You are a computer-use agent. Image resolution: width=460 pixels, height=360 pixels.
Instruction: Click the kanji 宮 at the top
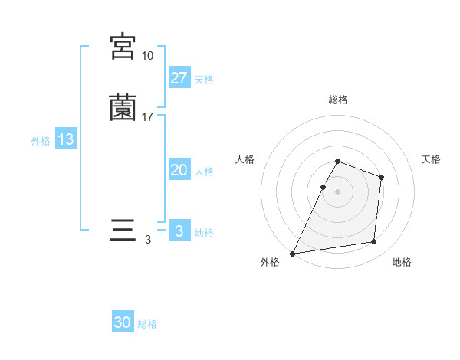(x=123, y=47)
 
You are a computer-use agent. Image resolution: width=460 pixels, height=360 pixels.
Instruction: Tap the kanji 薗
(x=123, y=108)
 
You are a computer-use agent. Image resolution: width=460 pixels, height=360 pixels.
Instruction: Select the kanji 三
(x=123, y=231)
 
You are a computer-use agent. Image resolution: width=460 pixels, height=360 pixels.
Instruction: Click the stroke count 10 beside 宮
(x=147, y=56)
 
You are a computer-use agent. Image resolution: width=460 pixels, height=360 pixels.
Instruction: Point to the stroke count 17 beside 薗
(x=147, y=117)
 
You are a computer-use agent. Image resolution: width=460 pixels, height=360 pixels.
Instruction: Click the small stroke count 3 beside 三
(x=147, y=240)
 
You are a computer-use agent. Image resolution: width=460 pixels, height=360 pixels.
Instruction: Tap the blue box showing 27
(x=179, y=78)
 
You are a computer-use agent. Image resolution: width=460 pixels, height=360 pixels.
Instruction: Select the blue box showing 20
(x=179, y=171)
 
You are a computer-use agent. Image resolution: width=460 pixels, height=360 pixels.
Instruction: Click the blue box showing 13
(x=65, y=140)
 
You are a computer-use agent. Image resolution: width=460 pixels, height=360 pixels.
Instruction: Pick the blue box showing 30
(x=123, y=323)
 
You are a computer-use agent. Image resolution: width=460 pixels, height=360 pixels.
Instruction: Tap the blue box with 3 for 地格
(x=179, y=231)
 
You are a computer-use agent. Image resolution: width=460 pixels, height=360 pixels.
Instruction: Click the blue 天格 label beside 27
(x=204, y=80)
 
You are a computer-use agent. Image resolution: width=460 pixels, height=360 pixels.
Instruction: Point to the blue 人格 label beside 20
(x=204, y=172)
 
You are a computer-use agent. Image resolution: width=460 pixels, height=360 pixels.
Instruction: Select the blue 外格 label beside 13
(x=41, y=141)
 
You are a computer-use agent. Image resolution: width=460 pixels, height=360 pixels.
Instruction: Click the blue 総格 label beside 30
(x=147, y=324)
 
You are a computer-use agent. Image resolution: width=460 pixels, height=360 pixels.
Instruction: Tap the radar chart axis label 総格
(x=338, y=100)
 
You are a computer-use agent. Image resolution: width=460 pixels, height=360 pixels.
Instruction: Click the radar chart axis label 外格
(x=270, y=263)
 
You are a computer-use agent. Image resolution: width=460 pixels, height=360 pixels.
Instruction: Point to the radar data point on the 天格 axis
(x=381, y=177)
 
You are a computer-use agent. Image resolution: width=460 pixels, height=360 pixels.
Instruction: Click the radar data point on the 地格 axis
(x=374, y=242)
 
